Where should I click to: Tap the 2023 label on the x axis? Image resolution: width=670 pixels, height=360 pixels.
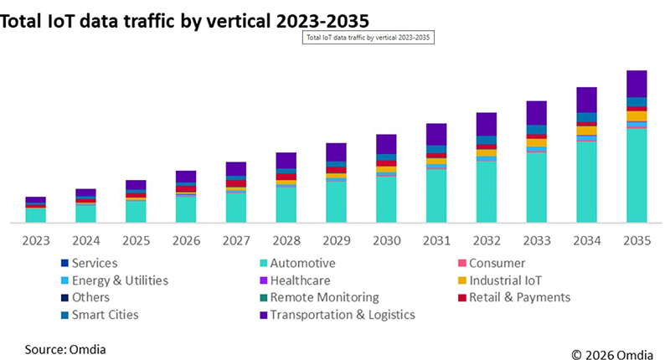36,241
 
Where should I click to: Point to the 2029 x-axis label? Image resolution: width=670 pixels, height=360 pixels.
336,241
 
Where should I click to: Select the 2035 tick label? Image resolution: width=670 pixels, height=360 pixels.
636,241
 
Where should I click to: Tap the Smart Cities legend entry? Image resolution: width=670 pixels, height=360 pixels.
106,315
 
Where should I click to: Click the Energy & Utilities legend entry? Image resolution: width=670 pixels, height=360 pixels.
120,280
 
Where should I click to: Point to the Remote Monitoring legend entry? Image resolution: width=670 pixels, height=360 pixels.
324,297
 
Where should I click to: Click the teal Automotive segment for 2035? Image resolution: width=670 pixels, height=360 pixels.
636,176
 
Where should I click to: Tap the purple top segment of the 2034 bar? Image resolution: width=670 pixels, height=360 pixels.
586,100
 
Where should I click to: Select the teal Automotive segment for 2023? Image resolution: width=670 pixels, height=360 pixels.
36,215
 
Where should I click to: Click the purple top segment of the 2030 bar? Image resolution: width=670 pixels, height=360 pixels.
386,143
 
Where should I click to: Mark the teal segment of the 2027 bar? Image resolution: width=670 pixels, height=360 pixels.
236,208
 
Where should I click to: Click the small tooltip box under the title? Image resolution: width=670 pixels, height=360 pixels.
368,38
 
